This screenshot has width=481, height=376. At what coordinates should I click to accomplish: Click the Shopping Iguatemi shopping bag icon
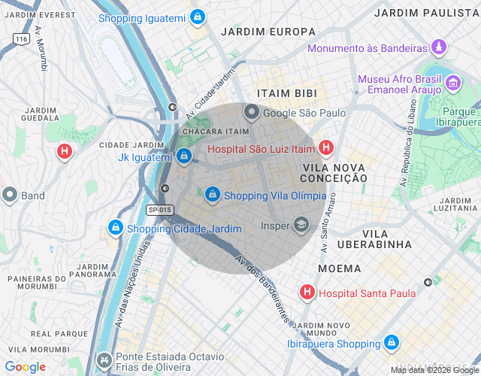pyautogui.click(x=197, y=17)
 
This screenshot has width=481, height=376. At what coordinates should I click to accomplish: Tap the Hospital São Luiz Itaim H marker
pyautogui.click(x=325, y=148)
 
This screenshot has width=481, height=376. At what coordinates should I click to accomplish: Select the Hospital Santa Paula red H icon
pyautogui.click(x=307, y=293)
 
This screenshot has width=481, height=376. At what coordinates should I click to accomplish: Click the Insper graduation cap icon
pyautogui.click(x=301, y=225)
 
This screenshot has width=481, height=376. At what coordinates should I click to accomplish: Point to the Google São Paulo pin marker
pyautogui.click(x=251, y=113)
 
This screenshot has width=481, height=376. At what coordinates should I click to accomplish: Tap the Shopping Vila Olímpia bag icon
pyautogui.click(x=213, y=195)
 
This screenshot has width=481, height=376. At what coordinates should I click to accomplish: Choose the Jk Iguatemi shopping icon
pyautogui.click(x=184, y=156)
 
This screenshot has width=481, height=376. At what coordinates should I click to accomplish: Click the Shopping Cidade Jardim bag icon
pyautogui.click(x=115, y=228)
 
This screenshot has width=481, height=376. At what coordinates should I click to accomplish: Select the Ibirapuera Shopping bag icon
pyautogui.click(x=390, y=343)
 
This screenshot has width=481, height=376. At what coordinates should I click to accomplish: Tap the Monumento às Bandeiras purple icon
pyautogui.click(x=439, y=49)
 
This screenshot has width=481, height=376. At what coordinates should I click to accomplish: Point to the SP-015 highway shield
pyautogui.click(x=159, y=210)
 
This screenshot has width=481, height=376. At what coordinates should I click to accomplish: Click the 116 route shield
pyautogui.click(x=21, y=38)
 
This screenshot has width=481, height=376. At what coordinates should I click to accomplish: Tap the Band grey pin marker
pyautogui.click(x=10, y=196)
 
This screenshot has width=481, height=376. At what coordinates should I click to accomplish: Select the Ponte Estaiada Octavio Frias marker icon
pyautogui.click(x=104, y=359)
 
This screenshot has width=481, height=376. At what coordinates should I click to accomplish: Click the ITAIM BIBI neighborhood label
pyautogui.click(x=286, y=92)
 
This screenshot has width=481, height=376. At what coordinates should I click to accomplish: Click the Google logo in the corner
pyautogui.click(x=26, y=367)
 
